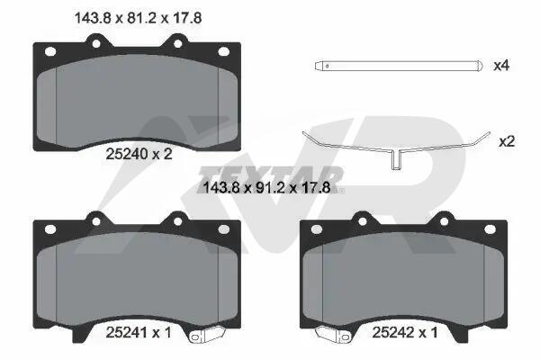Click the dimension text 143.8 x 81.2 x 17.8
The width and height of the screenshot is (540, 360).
coord(138,18)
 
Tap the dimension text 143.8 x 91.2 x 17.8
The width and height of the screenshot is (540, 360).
coord(267,188)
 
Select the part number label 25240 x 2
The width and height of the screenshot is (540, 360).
coord(139,154)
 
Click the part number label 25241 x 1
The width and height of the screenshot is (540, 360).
coord(139,332)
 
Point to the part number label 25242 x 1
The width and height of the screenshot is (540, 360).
coord(405,332)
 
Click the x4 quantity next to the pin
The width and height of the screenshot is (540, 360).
coord(501,66)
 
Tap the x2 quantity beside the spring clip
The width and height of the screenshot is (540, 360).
coord(507,141)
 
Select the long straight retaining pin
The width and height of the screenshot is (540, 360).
coord(398,66)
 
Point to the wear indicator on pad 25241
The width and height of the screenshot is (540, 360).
coord(207,335)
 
